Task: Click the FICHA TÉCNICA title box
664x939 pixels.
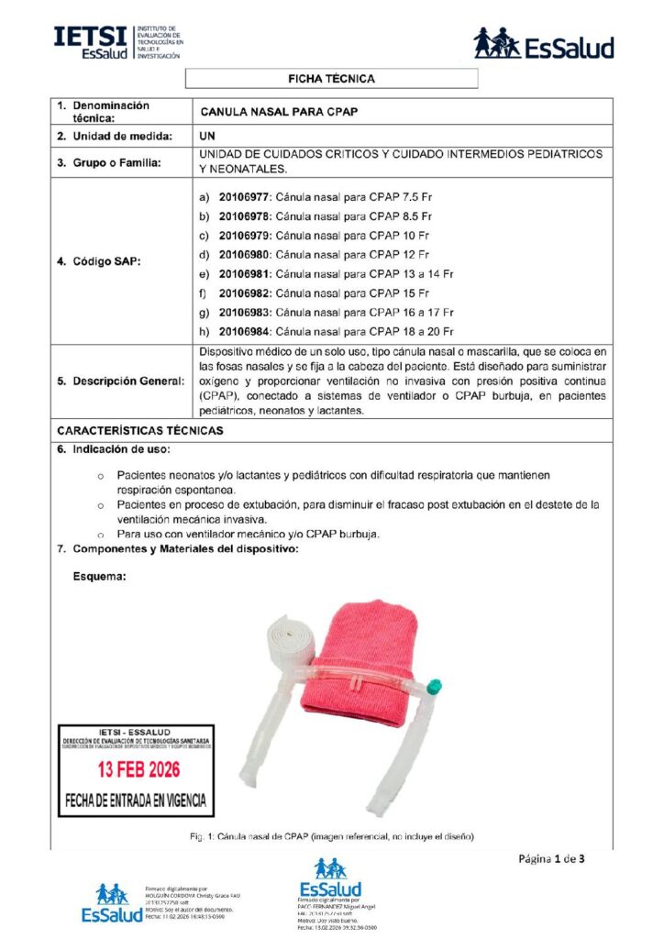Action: (331, 79)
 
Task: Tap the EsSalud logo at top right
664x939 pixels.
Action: (543, 44)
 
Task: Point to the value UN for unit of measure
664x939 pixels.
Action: (207, 136)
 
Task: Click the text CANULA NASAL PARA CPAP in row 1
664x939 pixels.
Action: (278, 112)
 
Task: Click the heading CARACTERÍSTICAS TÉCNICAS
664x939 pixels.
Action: (139, 430)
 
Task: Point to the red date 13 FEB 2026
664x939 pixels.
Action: (137, 766)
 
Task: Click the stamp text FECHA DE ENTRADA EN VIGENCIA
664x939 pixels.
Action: (136, 800)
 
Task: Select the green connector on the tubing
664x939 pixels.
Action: (435, 684)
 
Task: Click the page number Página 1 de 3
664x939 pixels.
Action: (551, 859)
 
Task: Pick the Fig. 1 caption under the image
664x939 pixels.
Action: (332, 837)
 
